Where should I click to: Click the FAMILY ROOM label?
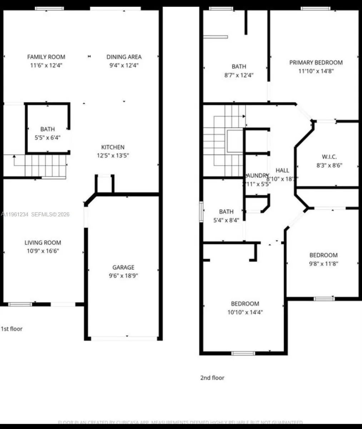coord(46,56)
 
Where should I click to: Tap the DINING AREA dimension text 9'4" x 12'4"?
coord(124,65)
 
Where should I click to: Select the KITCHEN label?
coord(113,147)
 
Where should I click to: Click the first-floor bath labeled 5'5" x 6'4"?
coord(48,133)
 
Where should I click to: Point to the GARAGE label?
coord(123,267)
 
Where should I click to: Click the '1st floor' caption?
coord(11,329)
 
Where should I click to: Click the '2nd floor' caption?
coord(212,378)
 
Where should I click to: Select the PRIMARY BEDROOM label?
coord(316,62)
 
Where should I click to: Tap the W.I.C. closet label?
coord(329,157)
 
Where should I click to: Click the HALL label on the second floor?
coord(282,170)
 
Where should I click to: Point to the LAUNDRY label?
coord(257,176)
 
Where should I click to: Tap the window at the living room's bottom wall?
coord(20,304)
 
